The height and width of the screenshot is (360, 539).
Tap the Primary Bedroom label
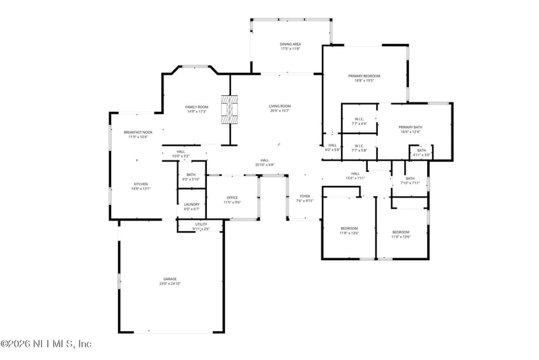tap(364, 76)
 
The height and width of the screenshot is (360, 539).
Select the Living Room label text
tap(280, 106)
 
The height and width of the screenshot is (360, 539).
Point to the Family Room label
tap(197, 107)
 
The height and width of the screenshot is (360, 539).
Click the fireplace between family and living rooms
tap(231, 109)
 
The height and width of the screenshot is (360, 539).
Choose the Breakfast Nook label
tap(137, 132)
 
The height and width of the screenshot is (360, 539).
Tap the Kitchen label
tap(140, 184)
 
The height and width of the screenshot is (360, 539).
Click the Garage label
tap(170, 278)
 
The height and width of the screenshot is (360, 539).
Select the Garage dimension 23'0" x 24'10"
tap(170, 284)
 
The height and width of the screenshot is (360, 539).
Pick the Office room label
tap(232, 198)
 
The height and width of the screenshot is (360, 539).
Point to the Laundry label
tap(191, 206)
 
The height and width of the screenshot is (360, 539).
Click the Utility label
tap(201, 224)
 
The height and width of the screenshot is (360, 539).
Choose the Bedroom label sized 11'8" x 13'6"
tap(349, 228)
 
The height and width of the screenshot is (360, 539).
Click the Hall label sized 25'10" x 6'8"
tap(265, 160)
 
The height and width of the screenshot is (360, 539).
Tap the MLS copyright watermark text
tap(46, 344)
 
